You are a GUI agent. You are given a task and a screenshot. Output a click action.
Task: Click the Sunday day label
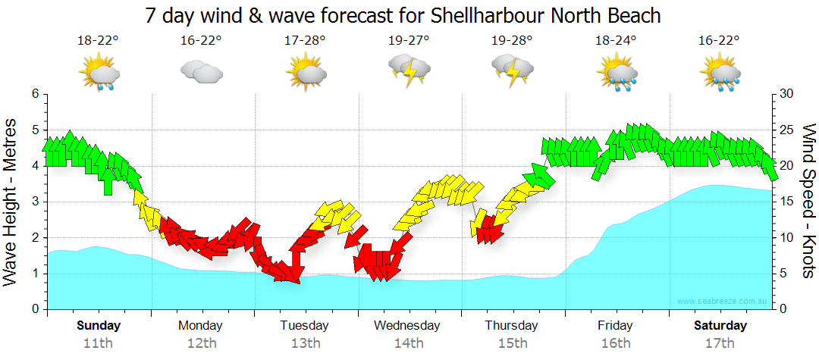click(x=98, y=326)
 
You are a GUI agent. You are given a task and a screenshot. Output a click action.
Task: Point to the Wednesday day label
click(x=406, y=326)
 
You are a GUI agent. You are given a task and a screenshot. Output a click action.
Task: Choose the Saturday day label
click(x=720, y=326)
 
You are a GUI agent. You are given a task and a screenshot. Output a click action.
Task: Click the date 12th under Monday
click(x=200, y=343)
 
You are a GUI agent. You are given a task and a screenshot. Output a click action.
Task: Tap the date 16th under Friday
click(x=615, y=343)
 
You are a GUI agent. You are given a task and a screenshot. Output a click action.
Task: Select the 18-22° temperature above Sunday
click(x=98, y=41)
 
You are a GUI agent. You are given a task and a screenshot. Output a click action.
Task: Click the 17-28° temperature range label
click(x=305, y=41)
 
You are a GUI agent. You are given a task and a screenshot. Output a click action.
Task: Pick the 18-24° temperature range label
click(x=615, y=41)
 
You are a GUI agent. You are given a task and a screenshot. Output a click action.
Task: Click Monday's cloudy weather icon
click(x=201, y=72)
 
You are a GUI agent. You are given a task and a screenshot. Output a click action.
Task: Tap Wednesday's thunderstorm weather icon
click(x=409, y=70)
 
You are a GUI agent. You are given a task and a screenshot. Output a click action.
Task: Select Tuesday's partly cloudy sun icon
click(x=305, y=72)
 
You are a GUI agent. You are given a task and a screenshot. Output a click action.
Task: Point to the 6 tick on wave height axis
click(x=34, y=94)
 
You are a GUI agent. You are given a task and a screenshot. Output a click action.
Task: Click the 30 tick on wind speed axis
click(x=786, y=94)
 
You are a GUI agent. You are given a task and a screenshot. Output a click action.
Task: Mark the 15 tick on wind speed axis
click(x=786, y=202)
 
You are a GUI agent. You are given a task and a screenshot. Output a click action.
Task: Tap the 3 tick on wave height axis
click(x=34, y=202)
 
